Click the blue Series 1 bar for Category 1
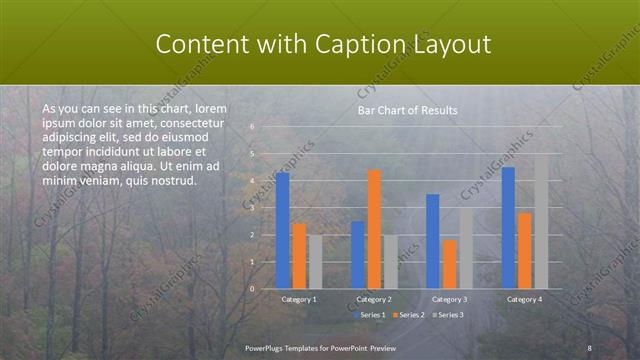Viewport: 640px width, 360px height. [283, 230]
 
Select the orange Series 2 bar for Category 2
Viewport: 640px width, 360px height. [374, 229]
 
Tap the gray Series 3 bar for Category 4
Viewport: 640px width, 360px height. [541, 221]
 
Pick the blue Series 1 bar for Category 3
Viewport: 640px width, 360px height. [433, 241]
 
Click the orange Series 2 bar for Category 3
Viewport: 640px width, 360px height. [449, 264]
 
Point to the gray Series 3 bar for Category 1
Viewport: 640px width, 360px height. [315, 262]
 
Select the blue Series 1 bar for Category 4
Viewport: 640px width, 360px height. [508, 227]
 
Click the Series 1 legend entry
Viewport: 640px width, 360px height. [371, 314]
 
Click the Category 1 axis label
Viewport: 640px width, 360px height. [299, 299]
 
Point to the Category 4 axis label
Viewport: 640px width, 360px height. [524, 299]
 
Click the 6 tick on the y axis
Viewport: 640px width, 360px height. [252, 127]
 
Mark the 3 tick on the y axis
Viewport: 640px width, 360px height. [252, 208]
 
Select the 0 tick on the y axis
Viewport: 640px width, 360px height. [252, 289]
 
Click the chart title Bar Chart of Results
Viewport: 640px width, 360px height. [407, 110]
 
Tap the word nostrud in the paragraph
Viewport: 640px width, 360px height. [171, 181]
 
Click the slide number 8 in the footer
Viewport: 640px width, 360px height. [589, 347]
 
